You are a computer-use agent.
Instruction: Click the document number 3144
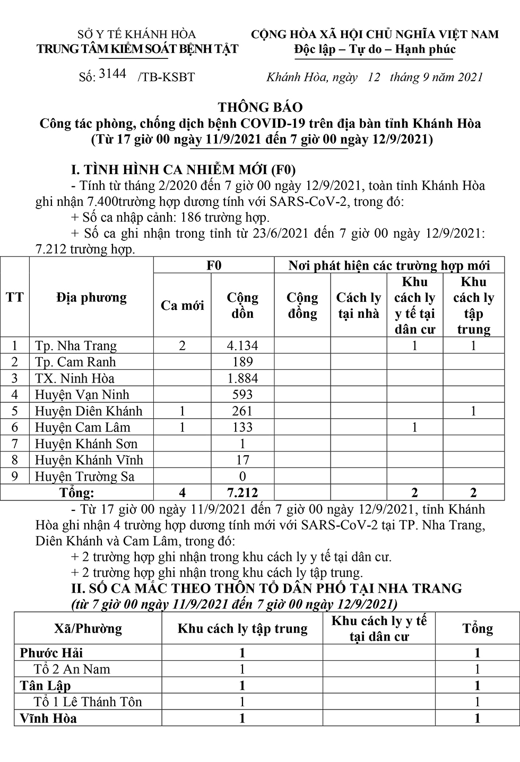coord(112,74)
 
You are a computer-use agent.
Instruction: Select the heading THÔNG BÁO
coord(259,108)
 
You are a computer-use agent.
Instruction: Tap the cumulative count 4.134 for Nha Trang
coord(242,346)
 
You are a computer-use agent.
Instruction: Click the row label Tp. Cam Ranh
coord(75,362)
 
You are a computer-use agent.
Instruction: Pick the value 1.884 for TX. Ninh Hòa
coord(242,379)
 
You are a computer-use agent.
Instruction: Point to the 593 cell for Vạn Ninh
coord(242,395)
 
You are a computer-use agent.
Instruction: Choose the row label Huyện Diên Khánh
coord(89,411)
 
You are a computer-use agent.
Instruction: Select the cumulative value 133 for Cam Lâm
coord(242,428)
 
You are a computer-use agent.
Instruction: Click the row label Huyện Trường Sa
coord(85,477)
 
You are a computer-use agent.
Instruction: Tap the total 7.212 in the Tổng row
coord(242,493)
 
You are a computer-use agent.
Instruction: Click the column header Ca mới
coord(182,306)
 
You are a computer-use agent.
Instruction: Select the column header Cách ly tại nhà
coord(358,306)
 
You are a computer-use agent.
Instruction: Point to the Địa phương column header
coord(91,298)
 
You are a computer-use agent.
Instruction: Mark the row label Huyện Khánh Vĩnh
coord(89,460)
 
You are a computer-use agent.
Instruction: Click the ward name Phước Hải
coord(51,653)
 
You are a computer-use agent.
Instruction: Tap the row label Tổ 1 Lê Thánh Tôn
coord(88,702)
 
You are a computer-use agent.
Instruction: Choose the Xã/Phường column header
coord(88,629)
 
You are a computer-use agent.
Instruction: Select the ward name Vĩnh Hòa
coord(48,718)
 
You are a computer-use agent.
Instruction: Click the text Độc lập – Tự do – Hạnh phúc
coord(375,49)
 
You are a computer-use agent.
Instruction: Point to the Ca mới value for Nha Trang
coord(183,346)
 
